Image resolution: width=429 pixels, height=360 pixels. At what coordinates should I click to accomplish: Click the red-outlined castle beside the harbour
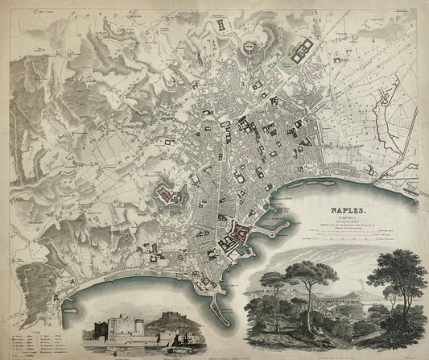click(x=240, y=238)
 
